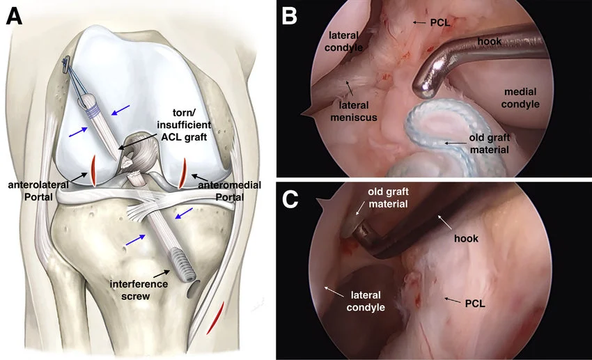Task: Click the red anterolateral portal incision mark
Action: pos(91,171)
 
